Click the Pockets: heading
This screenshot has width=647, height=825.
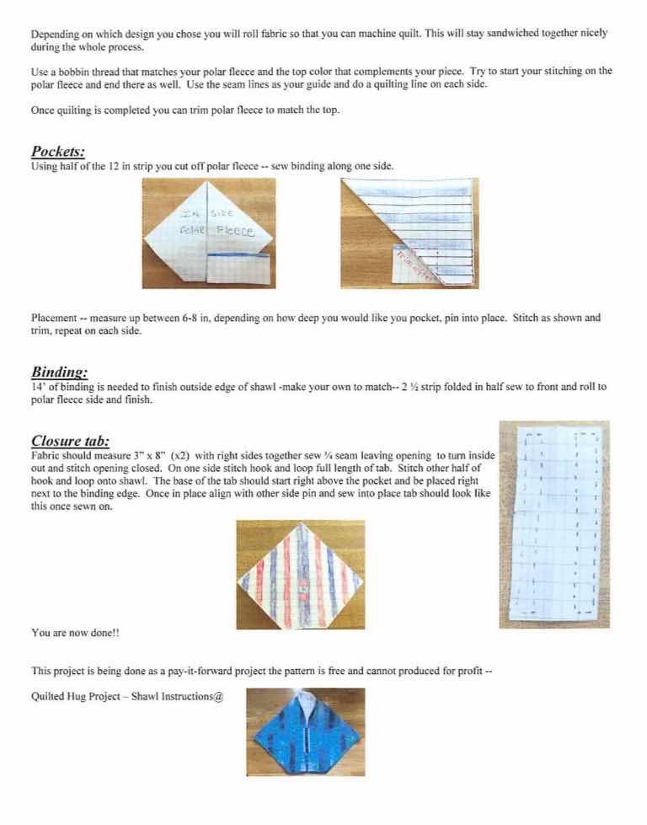pos(58,153)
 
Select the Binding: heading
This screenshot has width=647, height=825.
pos(59,372)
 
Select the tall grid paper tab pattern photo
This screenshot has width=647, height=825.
pos(553,524)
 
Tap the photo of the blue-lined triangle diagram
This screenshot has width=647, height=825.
pos(409,233)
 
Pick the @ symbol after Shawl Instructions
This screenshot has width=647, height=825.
pos(218,697)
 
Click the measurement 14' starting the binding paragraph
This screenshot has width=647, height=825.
pos(37,387)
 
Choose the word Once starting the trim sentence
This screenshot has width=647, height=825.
pos(43,110)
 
